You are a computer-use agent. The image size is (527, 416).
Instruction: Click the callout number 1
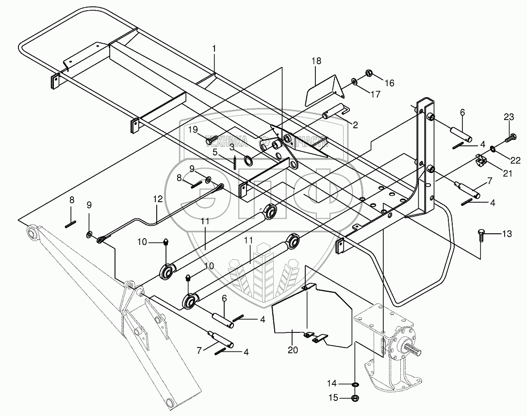tap(214, 49)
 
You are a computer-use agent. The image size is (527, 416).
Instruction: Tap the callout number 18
tap(316, 61)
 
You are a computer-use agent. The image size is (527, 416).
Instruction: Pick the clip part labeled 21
tap(480, 160)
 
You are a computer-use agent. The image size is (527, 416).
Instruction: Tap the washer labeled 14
tap(355, 385)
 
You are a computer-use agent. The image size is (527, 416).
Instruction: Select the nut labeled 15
tap(355, 399)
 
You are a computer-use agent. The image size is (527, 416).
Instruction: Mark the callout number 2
tap(355, 125)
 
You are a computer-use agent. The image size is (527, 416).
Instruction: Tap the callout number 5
tap(214, 152)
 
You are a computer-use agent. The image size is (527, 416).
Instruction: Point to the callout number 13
tap(507, 234)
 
